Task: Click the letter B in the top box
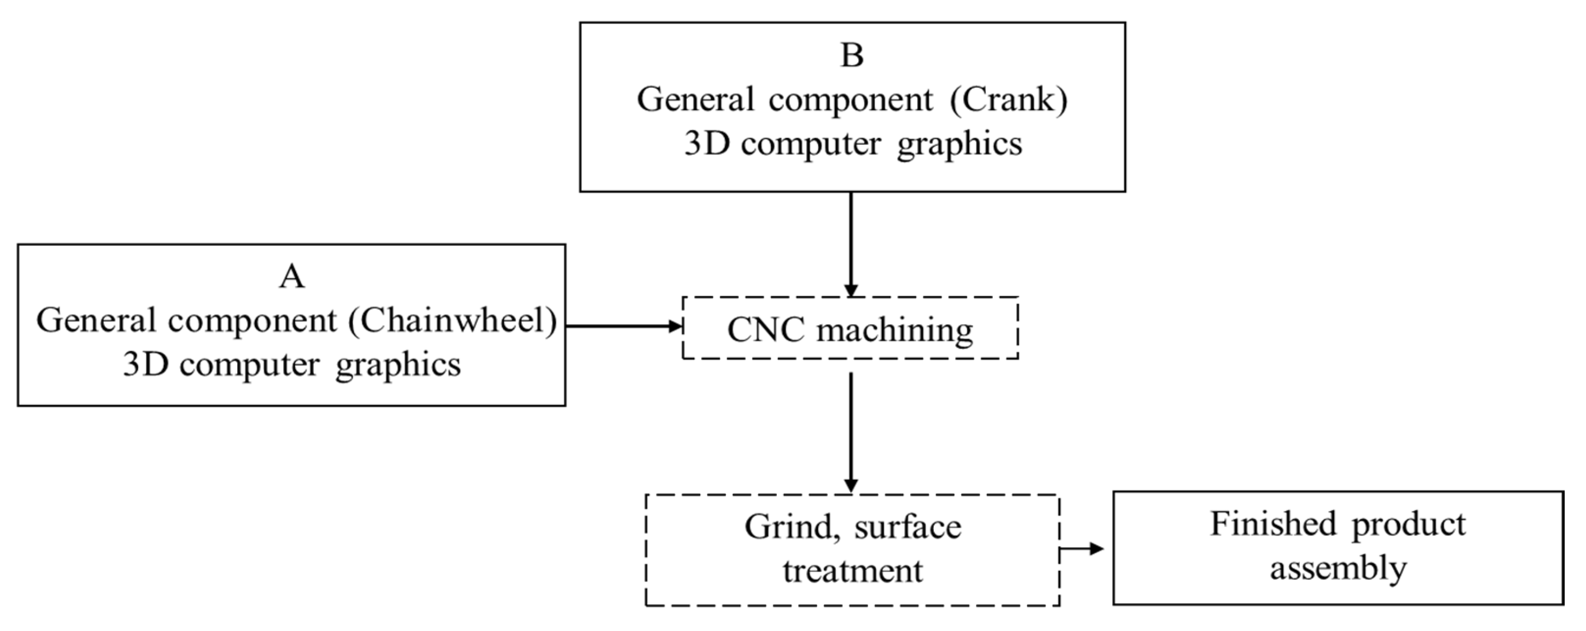click(x=852, y=55)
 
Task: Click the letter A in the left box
click(x=292, y=277)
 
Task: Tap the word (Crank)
click(x=1008, y=100)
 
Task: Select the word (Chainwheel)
click(x=453, y=321)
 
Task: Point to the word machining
click(x=895, y=330)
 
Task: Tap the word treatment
click(x=853, y=570)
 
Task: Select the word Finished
click(x=1273, y=525)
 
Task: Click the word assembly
click(x=1338, y=567)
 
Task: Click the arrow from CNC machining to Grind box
click(x=851, y=431)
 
